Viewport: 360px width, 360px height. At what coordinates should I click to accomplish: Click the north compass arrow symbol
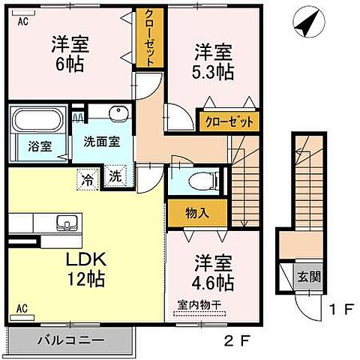(x=305, y=24)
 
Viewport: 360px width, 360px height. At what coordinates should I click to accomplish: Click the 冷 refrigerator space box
(x=88, y=178)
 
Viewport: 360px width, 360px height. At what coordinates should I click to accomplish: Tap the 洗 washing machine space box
(x=114, y=177)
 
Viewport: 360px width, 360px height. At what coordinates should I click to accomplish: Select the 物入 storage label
(x=197, y=213)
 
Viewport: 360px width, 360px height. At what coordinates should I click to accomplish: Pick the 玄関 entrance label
(x=313, y=277)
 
